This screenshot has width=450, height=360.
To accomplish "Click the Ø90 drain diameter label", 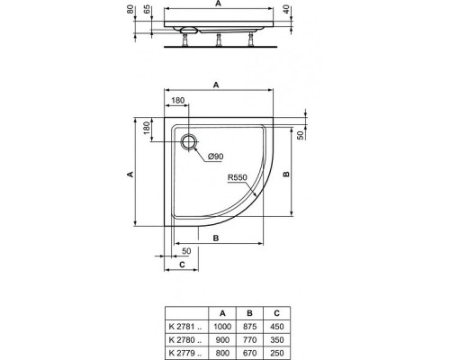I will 215,158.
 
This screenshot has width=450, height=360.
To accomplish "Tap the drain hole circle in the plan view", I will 189,140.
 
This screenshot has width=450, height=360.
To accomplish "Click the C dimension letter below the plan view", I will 181,265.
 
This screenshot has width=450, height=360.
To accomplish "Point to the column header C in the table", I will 278,312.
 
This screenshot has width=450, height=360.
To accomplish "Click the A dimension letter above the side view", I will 217,4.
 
